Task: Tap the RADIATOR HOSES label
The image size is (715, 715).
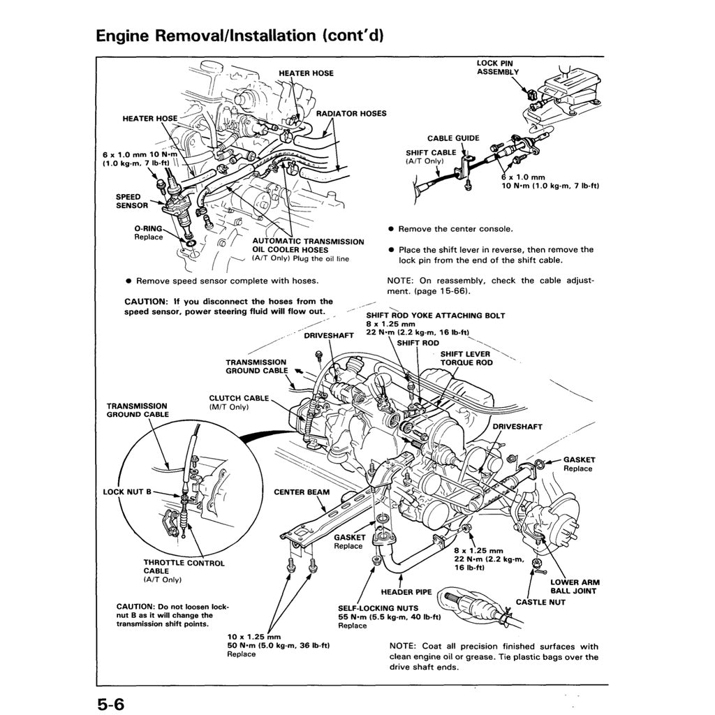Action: pos(351,113)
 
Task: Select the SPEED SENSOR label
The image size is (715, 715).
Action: pos(132,201)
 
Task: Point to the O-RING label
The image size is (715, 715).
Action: pos(148,228)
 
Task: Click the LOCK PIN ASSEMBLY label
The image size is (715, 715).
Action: pos(498,67)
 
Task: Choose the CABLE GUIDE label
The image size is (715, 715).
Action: pos(454,138)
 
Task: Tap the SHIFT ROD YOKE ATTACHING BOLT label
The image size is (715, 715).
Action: pos(435,316)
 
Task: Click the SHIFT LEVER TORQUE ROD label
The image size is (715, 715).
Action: pos(466,358)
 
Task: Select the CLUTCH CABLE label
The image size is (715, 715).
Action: pos(239,398)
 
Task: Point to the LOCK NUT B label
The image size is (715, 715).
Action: pos(127,492)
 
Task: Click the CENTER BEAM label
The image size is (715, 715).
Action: pos(301,492)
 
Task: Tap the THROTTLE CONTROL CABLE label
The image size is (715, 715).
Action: pos(184,566)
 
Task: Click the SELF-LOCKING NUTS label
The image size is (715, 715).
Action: pos(378,608)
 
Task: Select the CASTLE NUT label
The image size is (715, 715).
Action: pos(540,602)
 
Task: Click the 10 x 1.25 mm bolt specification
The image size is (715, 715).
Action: pos(254,637)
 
